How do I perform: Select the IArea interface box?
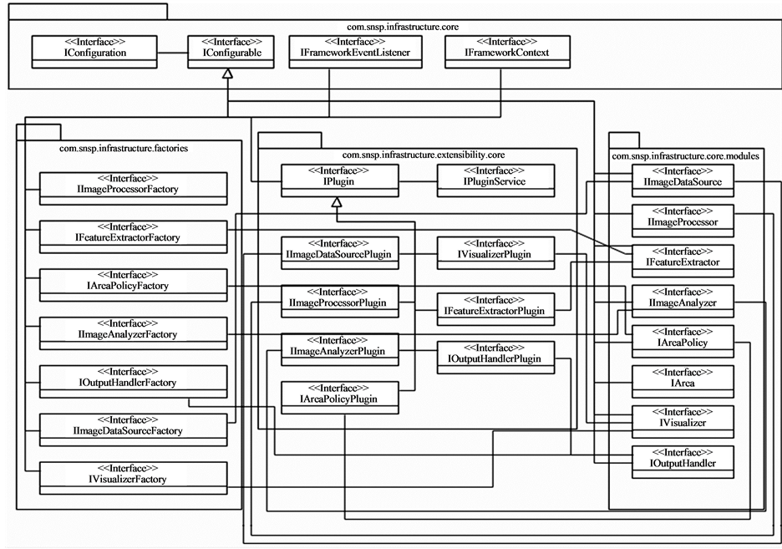pos(683,378)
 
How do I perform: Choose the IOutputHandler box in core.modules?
pos(683,457)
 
